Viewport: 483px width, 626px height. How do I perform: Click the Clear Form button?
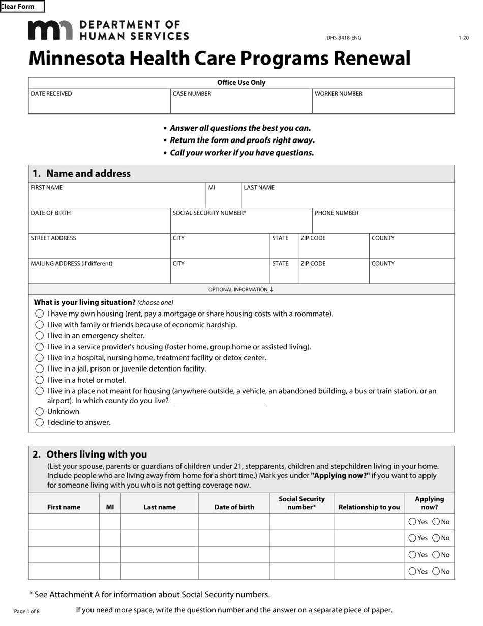pyautogui.click(x=22, y=7)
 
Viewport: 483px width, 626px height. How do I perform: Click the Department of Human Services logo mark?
pyautogui.click(x=50, y=31)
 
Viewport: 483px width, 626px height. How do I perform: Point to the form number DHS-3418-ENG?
pyautogui.click(x=344, y=38)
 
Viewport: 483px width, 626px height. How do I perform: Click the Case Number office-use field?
pyautogui.click(x=241, y=104)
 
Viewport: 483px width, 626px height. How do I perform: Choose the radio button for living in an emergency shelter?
pyautogui.click(x=40, y=336)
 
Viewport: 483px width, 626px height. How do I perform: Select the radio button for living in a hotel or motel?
pyautogui.click(x=40, y=380)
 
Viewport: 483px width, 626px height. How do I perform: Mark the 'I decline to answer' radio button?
pyautogui.click(x=40, y=422)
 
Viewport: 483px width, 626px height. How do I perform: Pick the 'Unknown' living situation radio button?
pyautogui.click(x=40, y=411)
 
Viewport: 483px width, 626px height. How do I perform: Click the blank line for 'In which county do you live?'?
pyautogui.click(x=221, y=402)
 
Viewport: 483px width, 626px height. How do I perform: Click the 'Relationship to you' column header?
pyautogui.click(x=369, y=507)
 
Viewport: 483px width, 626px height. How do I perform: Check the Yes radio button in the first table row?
pyautogui.click(x=412, y=522)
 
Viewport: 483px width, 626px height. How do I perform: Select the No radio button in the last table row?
pyautogui.click(x=436, y=572)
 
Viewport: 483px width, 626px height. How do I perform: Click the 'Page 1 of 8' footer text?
pyautogui.click(x=26, y=611)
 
